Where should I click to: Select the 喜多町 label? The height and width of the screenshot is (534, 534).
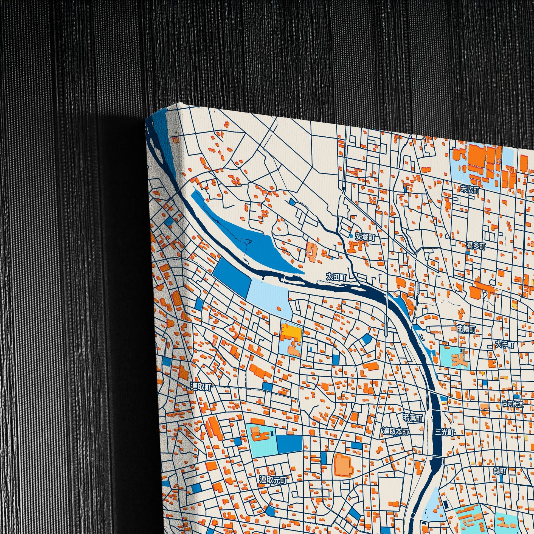476,245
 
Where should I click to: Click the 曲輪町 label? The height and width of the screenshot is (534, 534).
466,329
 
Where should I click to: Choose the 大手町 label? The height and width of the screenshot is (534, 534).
504,345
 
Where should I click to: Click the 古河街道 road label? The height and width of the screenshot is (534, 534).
513,404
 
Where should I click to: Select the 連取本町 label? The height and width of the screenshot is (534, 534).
395,431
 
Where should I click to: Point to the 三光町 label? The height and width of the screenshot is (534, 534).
445,432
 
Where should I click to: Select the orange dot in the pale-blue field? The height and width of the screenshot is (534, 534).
279,308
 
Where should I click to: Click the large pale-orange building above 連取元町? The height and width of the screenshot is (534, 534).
343,465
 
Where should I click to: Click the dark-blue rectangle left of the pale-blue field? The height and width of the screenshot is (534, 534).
232,276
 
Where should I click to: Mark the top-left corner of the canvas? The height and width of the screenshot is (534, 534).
146,119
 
